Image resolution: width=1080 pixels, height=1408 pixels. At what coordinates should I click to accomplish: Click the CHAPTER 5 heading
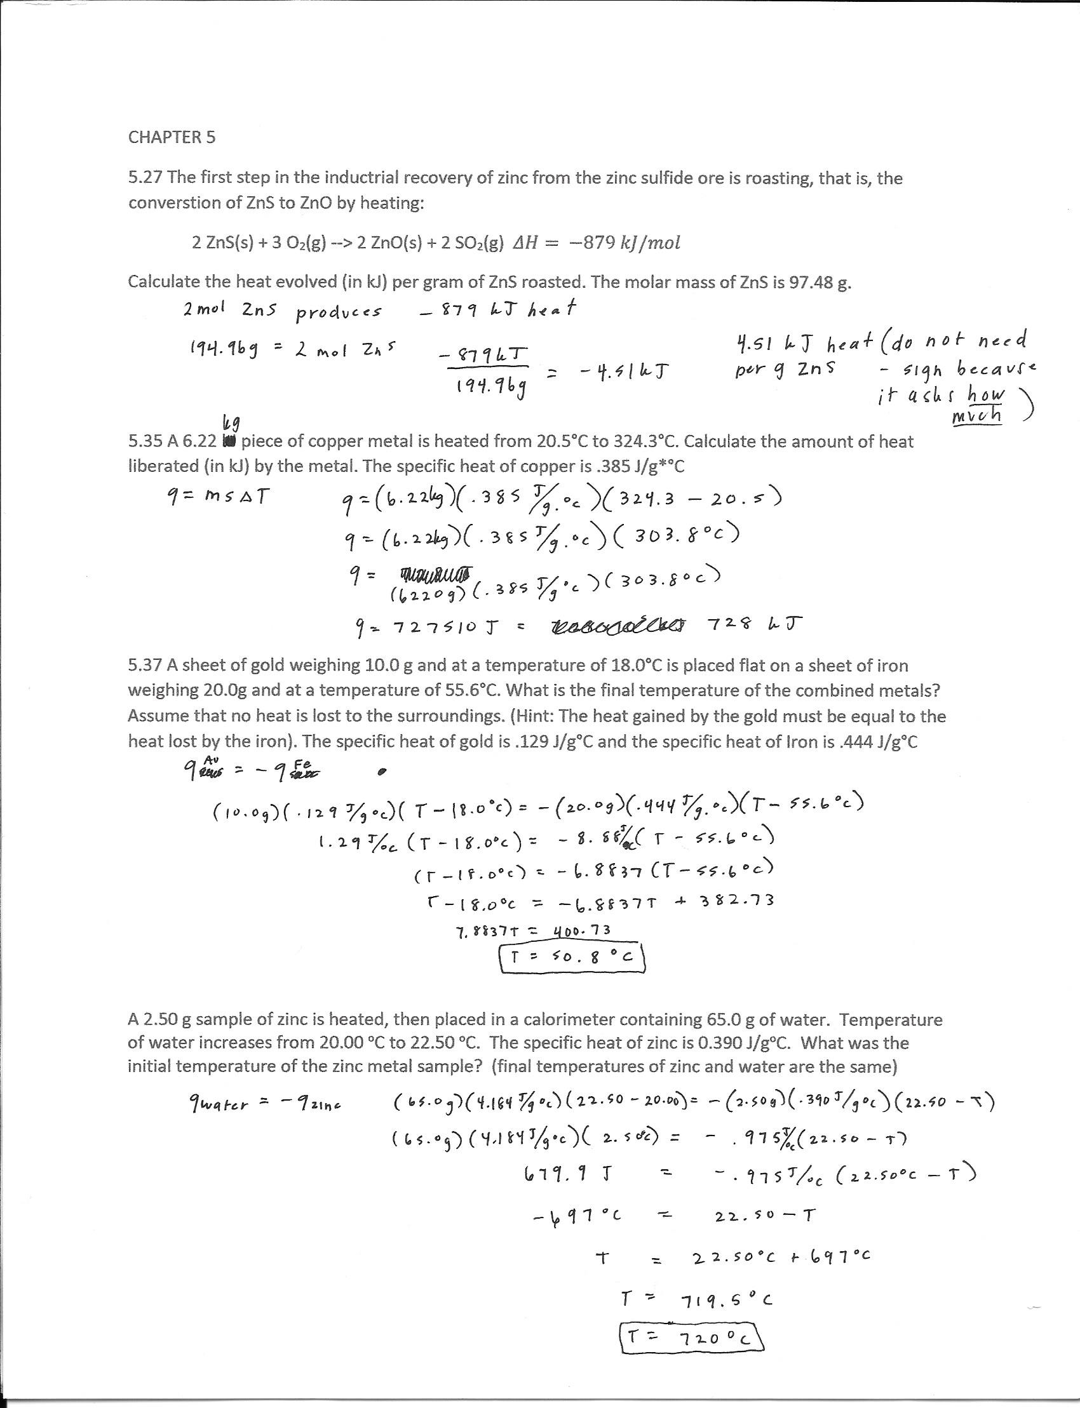coord(172,137)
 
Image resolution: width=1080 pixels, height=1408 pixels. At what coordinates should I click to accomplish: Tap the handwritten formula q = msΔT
coord(217,497)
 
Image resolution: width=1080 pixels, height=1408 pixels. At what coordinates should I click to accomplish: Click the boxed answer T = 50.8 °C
coord(572,958)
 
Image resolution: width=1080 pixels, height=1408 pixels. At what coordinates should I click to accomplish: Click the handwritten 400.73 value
coord(581,930)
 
